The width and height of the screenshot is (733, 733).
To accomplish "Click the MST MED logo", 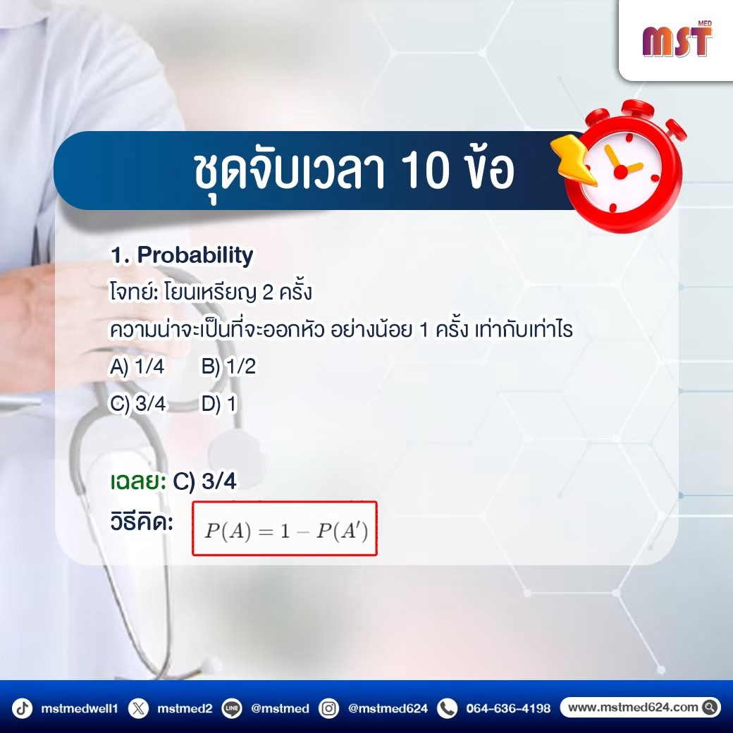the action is pos(677,39).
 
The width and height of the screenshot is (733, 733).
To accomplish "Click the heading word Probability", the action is pos(195,255).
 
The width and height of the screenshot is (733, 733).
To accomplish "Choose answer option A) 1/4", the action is pos(137,366).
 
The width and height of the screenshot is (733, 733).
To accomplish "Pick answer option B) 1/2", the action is pos(228,366).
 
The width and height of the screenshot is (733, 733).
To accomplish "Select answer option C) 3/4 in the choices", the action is pos(138,403).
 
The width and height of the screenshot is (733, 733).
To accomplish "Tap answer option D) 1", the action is pos(219,403).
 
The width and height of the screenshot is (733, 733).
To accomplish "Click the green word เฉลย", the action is pos(138,481).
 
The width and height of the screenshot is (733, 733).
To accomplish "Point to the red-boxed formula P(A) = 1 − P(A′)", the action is pos(285,529).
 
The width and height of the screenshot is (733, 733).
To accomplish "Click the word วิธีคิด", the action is pos(142,522).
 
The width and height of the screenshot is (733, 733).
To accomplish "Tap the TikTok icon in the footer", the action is pos(22,708).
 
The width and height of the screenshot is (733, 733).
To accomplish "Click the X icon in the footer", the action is pos(138,708).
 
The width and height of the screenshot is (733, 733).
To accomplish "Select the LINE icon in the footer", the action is pos(232,708).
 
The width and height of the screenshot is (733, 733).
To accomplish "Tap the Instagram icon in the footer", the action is pos(328,708).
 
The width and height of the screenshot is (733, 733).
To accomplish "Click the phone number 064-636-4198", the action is pos(508,708).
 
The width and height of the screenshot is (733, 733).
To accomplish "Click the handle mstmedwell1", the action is pos(80,708).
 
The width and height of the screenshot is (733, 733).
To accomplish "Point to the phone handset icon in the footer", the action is pos(447,708).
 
